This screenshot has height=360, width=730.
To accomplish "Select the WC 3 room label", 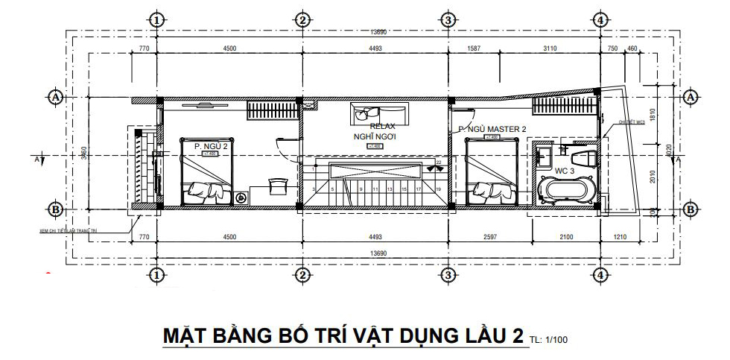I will [x=565, y=171].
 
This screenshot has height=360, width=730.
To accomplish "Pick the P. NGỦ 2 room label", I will [x=211, y=146].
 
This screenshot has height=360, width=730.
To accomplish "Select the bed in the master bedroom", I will [x=491, y=172].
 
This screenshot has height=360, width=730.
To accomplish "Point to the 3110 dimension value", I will [x=550, y=48].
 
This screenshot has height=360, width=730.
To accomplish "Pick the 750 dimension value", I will [x=612, y=48].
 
